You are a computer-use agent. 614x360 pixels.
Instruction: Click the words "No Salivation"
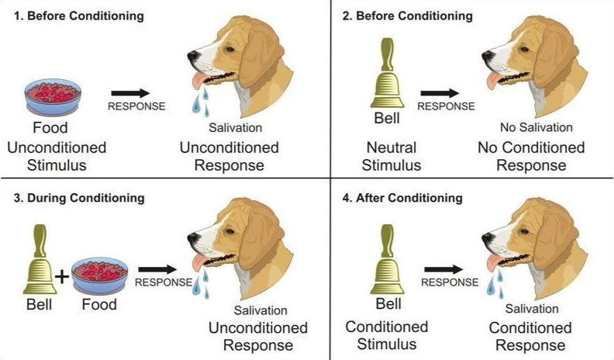(536, 127)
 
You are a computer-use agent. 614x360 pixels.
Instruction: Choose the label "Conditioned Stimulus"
(387, 335)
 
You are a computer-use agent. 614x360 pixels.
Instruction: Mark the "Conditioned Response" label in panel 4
(531, 336)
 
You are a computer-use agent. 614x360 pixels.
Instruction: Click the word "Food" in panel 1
(50, 129)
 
